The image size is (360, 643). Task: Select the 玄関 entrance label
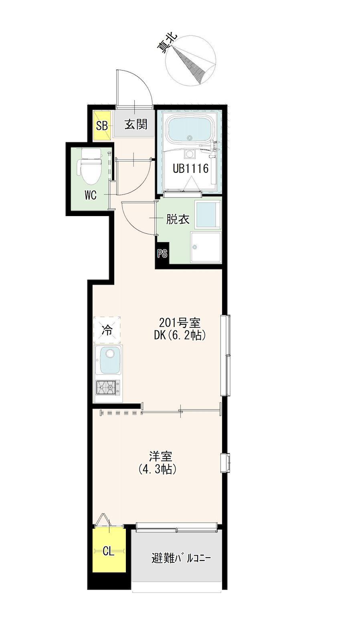(136, 124)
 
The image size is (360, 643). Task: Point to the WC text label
(90, 196)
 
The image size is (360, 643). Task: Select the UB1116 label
(190, 168)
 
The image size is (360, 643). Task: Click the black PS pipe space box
(162, 253)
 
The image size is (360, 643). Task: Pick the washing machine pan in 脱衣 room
(206, 247)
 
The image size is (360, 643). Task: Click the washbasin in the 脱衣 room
(208, 214)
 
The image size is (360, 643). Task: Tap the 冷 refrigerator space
(107, 330)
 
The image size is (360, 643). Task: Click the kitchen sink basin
(110, 361)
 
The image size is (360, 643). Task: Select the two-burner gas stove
(108, 388)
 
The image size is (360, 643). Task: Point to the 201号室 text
(180, 323)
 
